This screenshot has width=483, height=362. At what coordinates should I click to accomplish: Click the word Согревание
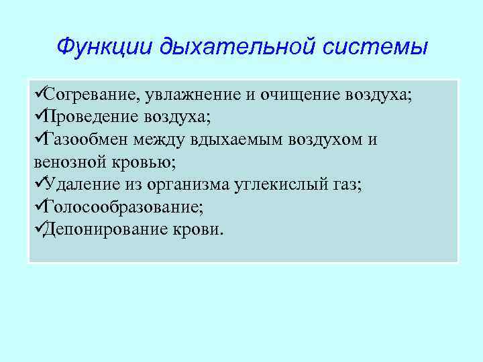click(x=89, y=95)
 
